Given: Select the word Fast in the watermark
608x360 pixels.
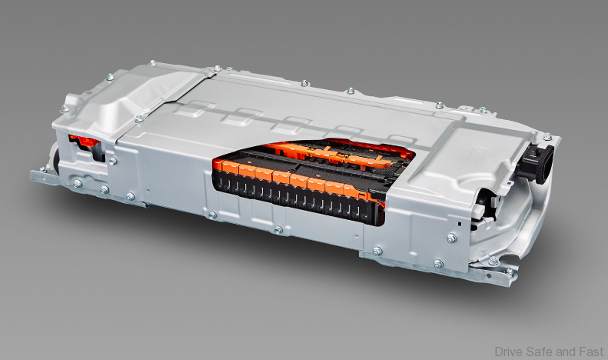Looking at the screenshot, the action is [591, 352].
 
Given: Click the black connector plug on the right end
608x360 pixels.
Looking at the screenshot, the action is [537, 164].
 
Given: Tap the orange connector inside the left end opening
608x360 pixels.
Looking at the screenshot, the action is [84, 141].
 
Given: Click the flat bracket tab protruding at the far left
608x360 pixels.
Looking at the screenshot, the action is [42, 177].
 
